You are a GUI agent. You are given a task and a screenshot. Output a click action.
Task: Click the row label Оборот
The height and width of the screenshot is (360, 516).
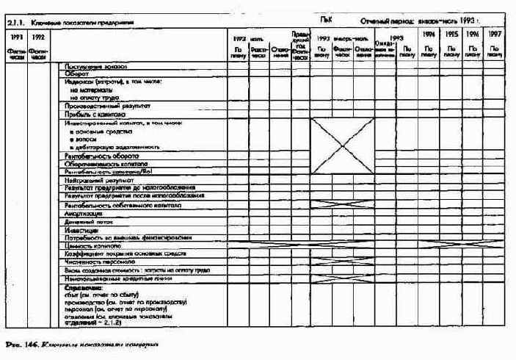click(x=77, y=74)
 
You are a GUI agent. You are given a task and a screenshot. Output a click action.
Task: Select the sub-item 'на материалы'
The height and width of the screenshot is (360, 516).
click(x=88, y=90)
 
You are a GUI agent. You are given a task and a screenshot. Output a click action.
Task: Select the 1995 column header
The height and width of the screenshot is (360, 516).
click(x=452, y=35)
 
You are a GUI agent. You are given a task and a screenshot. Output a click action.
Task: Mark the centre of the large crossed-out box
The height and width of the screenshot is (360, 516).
click(x=342, y=145)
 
